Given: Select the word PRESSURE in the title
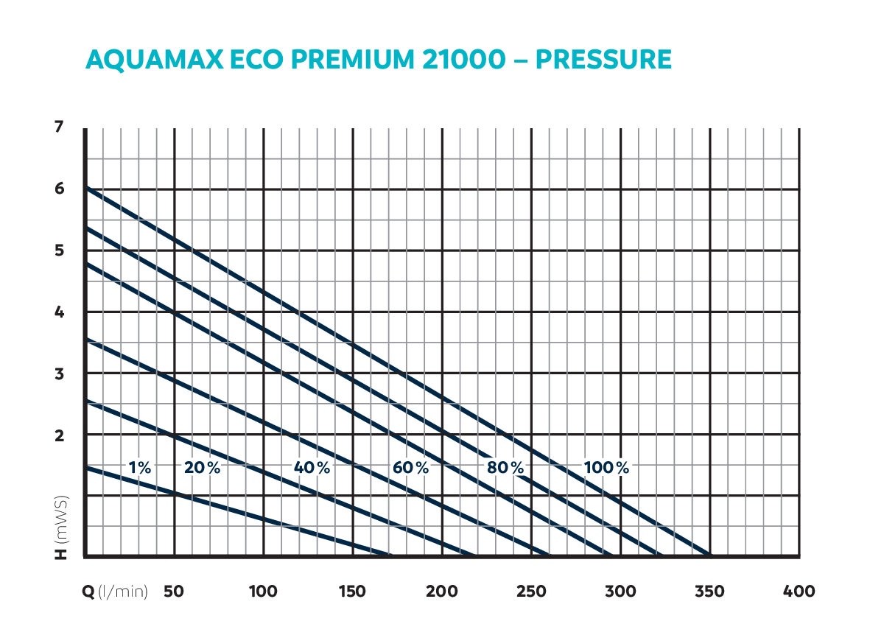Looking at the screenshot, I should tap(603, 59).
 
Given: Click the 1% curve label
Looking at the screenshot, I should tap(139, 467).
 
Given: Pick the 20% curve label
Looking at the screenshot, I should tap(202, 467).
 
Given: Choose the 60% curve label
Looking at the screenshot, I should tap(410, 467).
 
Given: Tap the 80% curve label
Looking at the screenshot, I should tap(505, 467).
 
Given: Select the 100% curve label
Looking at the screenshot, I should tap(606, 467).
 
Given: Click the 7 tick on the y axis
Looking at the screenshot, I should tap(59, 127).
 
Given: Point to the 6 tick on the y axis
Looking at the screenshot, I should tap(59, 189).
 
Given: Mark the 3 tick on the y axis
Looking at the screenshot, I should tap(59, 374).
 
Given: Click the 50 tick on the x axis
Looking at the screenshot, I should tap(174, 592).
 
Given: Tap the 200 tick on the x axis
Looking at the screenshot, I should tap(442, 592).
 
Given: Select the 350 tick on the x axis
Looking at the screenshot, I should tap(709, 592).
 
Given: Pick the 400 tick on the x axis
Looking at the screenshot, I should tap(799, 592).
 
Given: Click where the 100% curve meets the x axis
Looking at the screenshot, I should tap(710, 555).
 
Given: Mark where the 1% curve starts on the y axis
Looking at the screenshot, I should tap(85, 467).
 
